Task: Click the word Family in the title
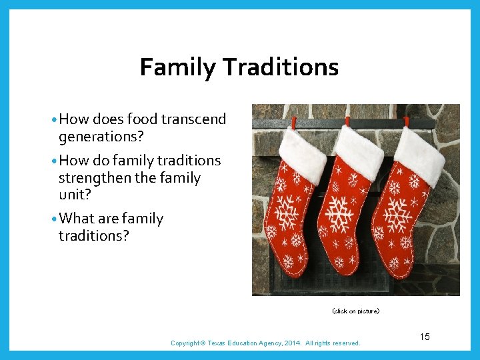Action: [x=177, y=67]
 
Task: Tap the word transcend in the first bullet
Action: [x=193, y=119]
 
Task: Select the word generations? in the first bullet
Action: [x=101, y=137]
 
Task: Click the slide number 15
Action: [x=425, y=337]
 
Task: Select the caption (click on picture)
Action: [x=355, y=311]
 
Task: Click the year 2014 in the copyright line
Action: [x=295, y=343]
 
